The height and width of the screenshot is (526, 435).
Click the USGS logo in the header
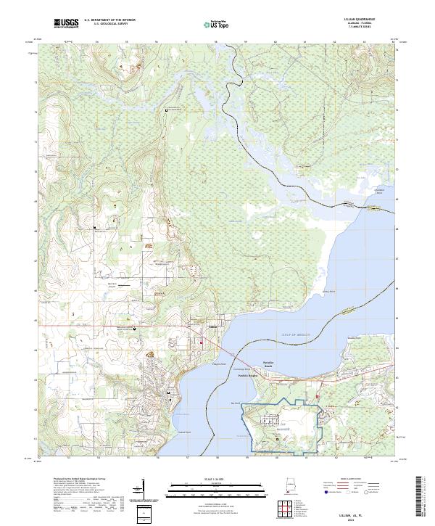[66, 24]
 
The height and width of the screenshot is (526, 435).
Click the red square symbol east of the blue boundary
[317, 396]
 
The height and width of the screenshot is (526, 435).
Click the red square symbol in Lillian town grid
[202, 340]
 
